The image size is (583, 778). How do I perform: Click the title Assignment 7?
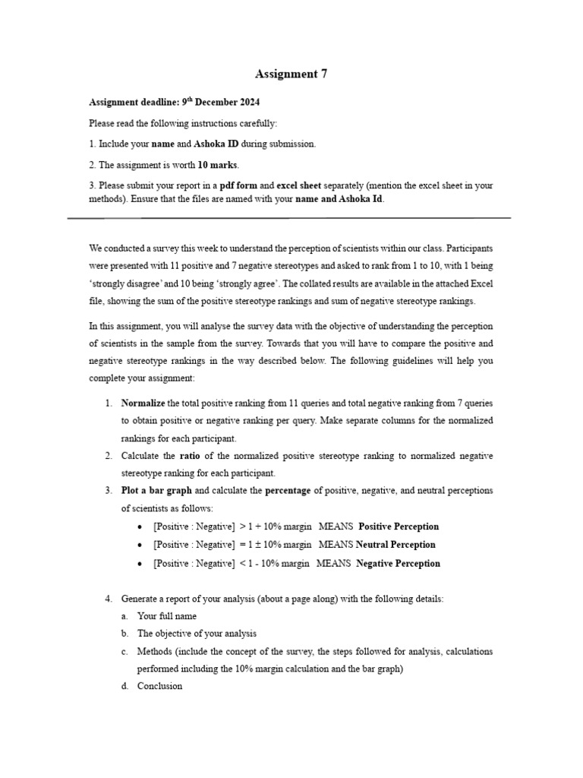click(x=291, y=74)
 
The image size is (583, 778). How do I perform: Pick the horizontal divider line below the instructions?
click(x=288, y=218)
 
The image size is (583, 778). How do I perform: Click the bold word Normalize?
click(x=143, y=403)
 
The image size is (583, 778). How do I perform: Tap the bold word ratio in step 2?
click(x=189, y=455)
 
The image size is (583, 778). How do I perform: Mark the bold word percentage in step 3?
click(x=288, y=491)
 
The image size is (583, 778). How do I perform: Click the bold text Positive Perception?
click(x=399, y=527)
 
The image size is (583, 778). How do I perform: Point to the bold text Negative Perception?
click(x=398, y=564)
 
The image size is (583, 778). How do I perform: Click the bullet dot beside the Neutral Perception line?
click(x=142, y=546)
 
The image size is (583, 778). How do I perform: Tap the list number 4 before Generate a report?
click(x=108, y=599)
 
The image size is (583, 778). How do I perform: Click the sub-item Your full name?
click(x=166, y=616)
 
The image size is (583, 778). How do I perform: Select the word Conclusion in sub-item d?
click(x=159, y=686)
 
